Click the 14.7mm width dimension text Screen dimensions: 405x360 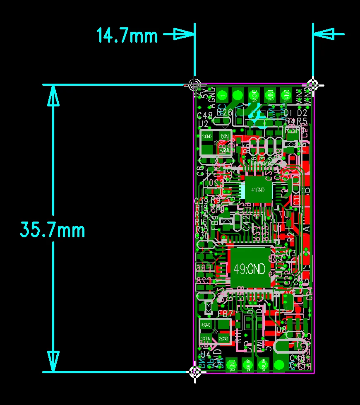click(127, 36)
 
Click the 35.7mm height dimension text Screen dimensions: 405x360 click(53, 230)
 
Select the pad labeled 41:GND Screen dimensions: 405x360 click(257, 190)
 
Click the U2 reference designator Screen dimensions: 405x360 click(203, 123)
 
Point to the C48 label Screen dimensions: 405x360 click(205, 115)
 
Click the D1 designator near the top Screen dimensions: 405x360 click(288, 113)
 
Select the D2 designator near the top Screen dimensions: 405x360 click(302, 113)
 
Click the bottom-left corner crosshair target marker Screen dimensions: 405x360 click(195, 371)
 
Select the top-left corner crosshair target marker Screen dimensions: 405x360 click(194, 84)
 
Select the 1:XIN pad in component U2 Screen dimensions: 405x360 click(224, 136)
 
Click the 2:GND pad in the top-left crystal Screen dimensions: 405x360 click(207, 136)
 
